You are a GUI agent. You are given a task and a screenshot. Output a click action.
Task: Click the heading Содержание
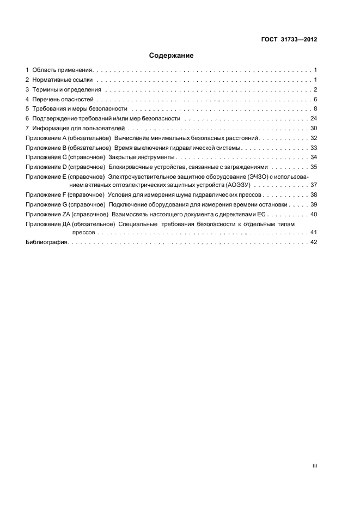tap(172, 56)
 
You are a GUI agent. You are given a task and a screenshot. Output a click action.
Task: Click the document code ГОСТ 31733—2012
tap(289, 39)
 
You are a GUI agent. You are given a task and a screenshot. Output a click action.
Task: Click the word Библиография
tap(46, 242)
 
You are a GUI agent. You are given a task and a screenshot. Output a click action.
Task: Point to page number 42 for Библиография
tap(314, 242)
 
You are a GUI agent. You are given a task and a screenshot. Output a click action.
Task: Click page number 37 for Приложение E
tap(314, 185)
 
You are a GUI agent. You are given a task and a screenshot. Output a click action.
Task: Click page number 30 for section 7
tap(314, 128)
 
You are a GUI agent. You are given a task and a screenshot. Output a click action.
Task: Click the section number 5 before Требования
tap(27, 108)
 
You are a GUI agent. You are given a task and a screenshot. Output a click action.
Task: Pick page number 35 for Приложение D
tap(314, 167)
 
